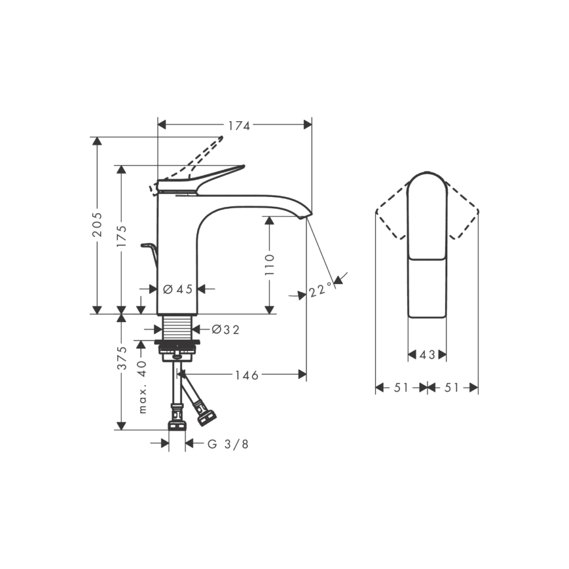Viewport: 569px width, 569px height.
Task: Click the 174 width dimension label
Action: [x=239, y=126]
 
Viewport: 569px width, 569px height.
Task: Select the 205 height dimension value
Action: [x=97, y=225]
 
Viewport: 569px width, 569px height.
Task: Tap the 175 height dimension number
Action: [x=122, y=237]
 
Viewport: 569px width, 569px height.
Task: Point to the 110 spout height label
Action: [x=269, y=265]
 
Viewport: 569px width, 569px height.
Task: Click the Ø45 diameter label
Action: [x=178, y=289]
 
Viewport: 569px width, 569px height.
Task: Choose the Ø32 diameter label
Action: [x=225, y=329]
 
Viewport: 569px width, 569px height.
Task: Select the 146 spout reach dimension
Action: [x=247, y=375]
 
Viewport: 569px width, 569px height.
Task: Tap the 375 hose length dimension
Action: [x=122, y=358]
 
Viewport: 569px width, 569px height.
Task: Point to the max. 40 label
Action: [x=142, y=387]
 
